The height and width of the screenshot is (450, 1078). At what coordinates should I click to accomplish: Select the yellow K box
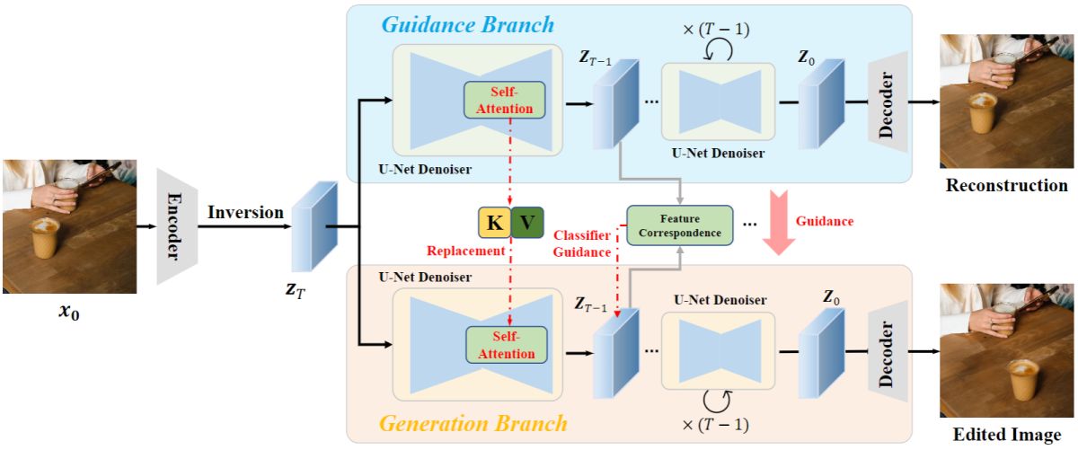coord(492,222)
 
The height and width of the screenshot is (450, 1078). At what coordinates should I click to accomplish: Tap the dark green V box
coord(527,222)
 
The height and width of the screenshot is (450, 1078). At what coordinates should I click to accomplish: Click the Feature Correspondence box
coord(679,225)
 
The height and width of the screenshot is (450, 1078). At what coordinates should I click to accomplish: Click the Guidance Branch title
coord(467,24)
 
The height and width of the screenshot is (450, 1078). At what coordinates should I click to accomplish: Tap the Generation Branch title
coord(473,422)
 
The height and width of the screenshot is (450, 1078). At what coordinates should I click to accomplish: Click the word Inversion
coord(245,213)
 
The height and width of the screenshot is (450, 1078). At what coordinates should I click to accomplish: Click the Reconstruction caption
coord(1006,186)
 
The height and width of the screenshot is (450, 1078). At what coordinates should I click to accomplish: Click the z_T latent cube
coord(314,226)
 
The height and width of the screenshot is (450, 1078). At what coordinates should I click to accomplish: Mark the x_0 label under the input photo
coord(69,316)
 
